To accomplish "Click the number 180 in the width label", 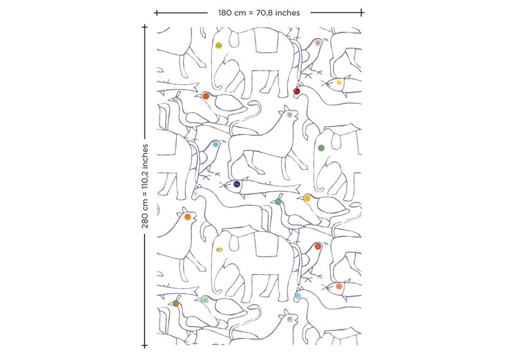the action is pyautogui.click(x=225, y=13).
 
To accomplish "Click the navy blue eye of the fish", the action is pyautogui.click(x=236, y=184).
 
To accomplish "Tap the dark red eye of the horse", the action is pyautogui.click(x=297, y=91).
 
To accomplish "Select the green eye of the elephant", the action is pyautogui.click(x=321, y=148).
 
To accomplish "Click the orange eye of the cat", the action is pyautogui.click(x=188, y=217).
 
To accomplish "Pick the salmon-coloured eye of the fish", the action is pyautogui.click(x=339, y=286).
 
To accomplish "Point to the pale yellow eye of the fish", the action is pyautogui.click(x=339, y=82).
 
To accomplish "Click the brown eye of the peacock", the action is pyautogui.click(x=175, y=303).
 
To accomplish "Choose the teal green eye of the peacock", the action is pyautogui.click(x=278, y=202).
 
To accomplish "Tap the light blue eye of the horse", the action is pyautogui.click(x=298, y=296).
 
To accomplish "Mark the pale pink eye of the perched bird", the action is pyautogui.click(x=318, y=43).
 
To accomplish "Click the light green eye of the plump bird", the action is pyautogui.click(x=205, y=300).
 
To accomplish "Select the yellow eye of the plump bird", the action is pyautogui.click(x=307, y=198).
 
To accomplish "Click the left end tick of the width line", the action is pyautogui.click(x=157, y=13).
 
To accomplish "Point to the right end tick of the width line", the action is pyautogui.click(x=362, y=13).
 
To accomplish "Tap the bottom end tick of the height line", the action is pyautogui.click(x=144, y=345).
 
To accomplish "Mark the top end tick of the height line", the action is pyautogui.click(x=144, y=26).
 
